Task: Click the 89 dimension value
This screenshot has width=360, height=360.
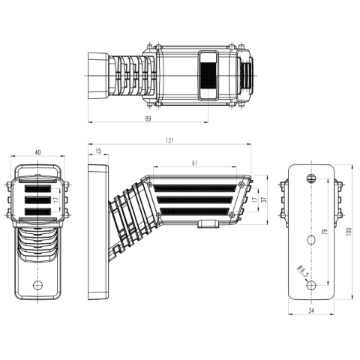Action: [x=148, y=118]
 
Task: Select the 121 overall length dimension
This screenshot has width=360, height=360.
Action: [x=169, y=140]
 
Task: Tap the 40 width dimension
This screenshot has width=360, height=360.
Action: [x=37, y=152]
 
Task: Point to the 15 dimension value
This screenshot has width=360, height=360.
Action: [x=98, y=151]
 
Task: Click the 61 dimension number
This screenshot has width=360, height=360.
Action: [x=195, y=163]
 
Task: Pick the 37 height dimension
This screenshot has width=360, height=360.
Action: [x=265, y=199]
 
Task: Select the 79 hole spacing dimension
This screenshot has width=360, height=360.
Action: [x=325, y=232]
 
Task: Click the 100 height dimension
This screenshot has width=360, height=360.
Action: [x=349, y=232]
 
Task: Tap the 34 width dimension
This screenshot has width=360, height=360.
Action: [x=311, y=310]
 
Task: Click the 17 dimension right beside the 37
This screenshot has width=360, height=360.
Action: [x=255, y=199]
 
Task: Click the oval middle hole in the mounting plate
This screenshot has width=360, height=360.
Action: [x=311, y=240]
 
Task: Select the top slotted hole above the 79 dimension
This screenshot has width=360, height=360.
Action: [x=311, y=178]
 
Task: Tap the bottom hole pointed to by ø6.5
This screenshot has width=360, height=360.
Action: [x=311, y=285]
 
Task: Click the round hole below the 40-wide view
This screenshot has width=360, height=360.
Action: [x=37, y=285]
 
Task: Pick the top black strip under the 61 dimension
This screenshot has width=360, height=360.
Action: [x=195, y=188]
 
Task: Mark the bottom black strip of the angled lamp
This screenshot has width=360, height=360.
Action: [x=194, y=211]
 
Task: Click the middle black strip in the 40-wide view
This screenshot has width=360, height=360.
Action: [x=37, y=199]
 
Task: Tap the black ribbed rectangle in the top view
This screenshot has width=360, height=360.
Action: [x=208, y=75]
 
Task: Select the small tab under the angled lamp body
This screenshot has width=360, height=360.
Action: [x=208, y=223]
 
